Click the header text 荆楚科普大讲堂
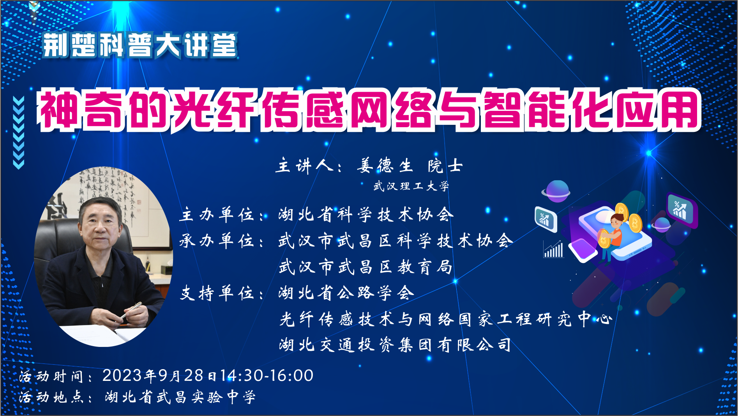[140, 45]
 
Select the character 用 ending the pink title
[679, 109]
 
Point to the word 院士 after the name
[445, 166]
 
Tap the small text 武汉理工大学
[411, 186]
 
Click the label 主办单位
[217, 215]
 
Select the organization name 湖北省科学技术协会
[366, 215]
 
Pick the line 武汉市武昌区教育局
[365, 267]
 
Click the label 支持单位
[217, 293]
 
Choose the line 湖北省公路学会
[346, 293]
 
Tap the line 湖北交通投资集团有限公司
[395, 345]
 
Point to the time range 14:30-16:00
[267, 375]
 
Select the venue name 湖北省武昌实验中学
[180, 397]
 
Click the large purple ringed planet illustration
[556, 191]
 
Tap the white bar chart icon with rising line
[553, 249]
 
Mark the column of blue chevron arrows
[18, 133]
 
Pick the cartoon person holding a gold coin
[611, 236]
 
